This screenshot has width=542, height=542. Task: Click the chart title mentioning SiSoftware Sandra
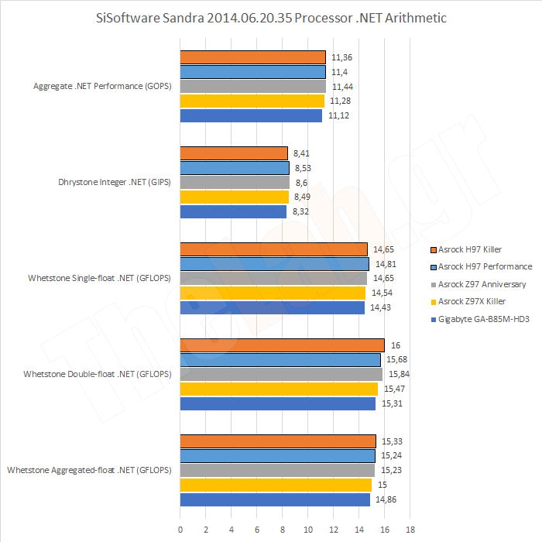click(271, 17)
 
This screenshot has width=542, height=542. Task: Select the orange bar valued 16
click(282, 345)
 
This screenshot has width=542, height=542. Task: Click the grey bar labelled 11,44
click(252, 86)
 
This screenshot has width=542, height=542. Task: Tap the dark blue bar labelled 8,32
click(233, 211)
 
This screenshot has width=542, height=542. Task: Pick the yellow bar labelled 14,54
click(273, 293)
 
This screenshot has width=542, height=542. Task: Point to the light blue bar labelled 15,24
click(277, 456)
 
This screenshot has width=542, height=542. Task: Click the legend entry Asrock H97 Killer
click(470, 249)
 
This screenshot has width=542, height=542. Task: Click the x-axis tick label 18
click(410, 530)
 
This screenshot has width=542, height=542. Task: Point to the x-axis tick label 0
click(180, 530)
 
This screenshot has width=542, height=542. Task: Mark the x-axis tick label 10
click(307, 530)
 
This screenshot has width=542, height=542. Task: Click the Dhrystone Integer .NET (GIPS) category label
click(115, 183)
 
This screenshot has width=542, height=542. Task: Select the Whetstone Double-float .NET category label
click(97, 374)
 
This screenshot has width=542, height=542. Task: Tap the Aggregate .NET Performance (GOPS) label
click(102, 86)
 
